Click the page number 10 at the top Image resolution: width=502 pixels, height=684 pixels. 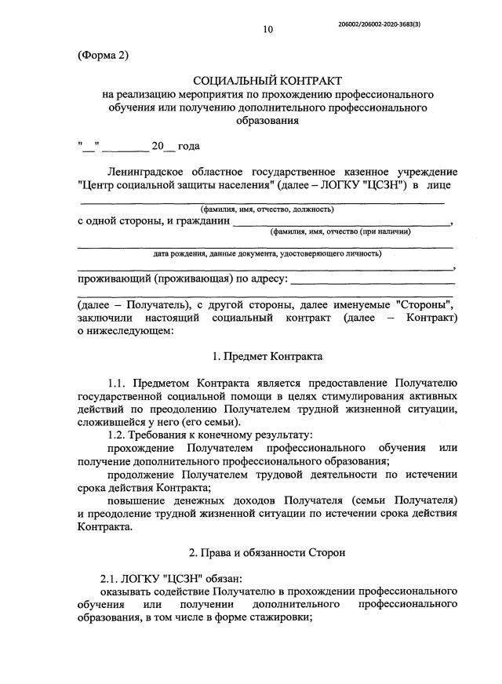(x=268, y=30)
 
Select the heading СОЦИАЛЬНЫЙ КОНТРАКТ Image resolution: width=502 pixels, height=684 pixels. (x=268, y=80)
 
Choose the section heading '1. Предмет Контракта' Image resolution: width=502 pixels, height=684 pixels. (x=268, y=355)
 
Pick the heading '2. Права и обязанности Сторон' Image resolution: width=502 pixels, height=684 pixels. (x=268, y=552)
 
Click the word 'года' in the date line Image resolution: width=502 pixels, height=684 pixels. (x=189, y=146)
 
